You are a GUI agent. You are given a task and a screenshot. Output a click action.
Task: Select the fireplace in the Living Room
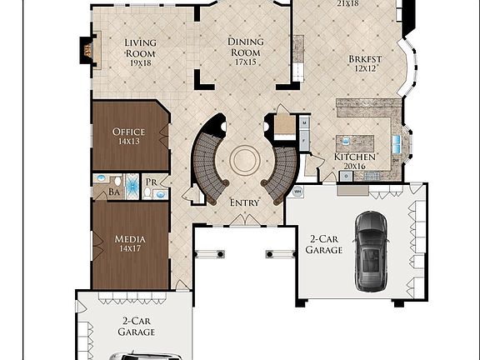tap(87, 50)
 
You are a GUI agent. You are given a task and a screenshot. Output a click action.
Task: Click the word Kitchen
tap(355, 157)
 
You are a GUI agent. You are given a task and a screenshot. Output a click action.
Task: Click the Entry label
tap(244, 202)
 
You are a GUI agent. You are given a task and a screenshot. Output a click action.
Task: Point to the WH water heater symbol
tap(297, 191)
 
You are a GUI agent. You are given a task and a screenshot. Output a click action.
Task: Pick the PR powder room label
tap(152, 181)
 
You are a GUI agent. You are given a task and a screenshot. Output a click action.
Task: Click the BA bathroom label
tap(114, 192)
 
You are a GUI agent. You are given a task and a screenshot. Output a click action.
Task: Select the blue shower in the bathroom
tap(101, 179)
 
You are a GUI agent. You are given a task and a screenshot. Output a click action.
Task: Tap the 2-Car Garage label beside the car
tap(324, 243)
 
